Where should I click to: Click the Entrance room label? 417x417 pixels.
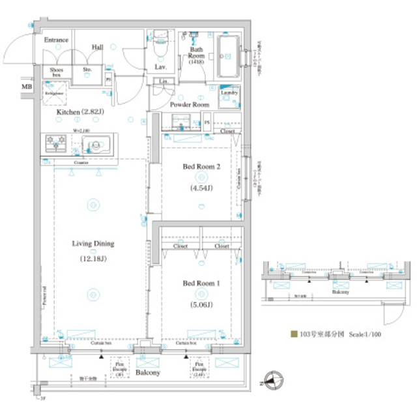(56, 40)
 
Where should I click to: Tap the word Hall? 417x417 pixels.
(97, 47)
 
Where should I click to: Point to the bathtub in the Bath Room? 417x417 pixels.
(228, 57)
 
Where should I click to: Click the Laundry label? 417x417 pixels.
(229, 93)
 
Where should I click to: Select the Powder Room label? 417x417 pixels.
(189, 105)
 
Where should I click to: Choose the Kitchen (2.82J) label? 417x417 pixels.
(80, 113)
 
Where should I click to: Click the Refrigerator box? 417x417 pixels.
(55, 92)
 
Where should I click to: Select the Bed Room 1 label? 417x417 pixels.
(199, 284)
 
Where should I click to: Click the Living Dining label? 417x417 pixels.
(93, 244)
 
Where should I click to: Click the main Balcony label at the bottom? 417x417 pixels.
(148, 373)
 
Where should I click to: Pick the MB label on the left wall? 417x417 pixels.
(26, 87)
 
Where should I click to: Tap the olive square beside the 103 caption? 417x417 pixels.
(293, 333)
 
